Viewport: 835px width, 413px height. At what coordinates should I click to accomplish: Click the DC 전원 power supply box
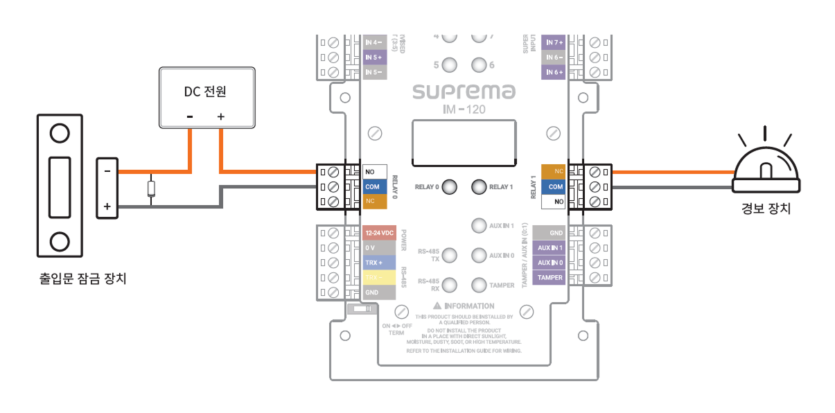coord(206,97)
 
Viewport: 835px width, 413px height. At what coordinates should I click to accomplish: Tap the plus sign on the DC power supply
coord(221,116)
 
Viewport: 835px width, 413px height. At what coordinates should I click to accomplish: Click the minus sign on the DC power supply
coord(190,116)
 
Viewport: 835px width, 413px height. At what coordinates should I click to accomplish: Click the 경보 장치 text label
coord(765,208)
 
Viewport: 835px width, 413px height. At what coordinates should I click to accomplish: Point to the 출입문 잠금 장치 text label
coord(84,279)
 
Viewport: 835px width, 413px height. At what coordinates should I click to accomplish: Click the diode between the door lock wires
coord(151,188)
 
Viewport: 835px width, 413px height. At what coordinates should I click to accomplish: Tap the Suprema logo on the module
coord(464,91)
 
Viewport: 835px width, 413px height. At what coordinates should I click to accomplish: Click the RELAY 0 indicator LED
coord(449,186)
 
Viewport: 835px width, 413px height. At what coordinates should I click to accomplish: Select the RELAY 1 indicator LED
coord(479,186)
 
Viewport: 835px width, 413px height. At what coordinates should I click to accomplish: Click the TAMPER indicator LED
coord(479,285)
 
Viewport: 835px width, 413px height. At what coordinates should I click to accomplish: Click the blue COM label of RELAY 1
coord(554,186)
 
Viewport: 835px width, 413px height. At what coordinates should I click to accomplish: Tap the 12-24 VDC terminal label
coord(378,234)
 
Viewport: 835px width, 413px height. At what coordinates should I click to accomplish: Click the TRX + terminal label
coord(375,263)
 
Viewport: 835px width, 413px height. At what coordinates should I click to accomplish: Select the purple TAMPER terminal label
coord(550,278)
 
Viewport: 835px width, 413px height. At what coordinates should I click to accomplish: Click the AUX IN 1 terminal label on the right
coord(550,248)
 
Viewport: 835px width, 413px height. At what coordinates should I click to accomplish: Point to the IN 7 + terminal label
coord(554,42)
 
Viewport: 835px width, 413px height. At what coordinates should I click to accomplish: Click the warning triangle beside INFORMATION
coord(437,306)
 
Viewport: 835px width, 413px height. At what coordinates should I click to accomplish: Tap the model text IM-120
coord(464,109)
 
